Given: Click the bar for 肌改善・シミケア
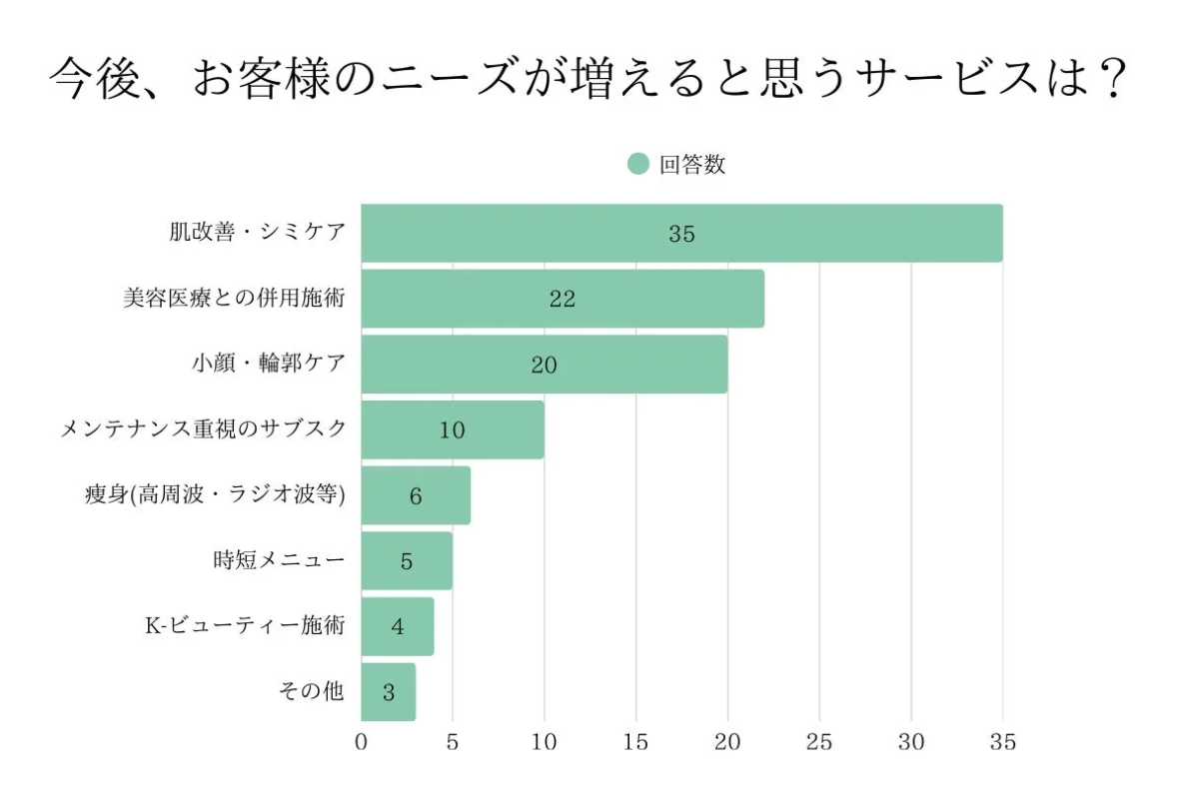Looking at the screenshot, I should coord(681,234).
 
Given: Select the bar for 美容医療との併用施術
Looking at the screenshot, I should coord(562,299).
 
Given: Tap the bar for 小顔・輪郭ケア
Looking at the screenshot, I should coord(544,365).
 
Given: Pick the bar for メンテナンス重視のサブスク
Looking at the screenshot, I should coord(452,429).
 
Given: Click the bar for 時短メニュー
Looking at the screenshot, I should coord(406,560).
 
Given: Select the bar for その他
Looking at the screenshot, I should coord(388,691).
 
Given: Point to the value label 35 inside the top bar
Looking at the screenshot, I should coord(681,235).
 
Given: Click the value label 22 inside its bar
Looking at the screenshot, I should coord(562,300).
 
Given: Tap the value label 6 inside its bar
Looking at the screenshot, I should coord(416,495).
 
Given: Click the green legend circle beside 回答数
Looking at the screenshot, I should coord(638,165).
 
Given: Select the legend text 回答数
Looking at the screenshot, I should coord(691,165).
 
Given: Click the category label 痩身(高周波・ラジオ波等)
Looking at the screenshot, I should coord(215,494).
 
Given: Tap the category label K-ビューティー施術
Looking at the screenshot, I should coord(245,625).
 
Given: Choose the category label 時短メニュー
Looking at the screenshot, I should coord(279,560).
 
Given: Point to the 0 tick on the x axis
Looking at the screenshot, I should coord(362,742).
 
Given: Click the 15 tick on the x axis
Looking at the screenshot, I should coord(635,742).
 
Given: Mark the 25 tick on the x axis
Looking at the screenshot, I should coord(819,742).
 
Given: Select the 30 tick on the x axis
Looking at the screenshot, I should coord(911,742).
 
